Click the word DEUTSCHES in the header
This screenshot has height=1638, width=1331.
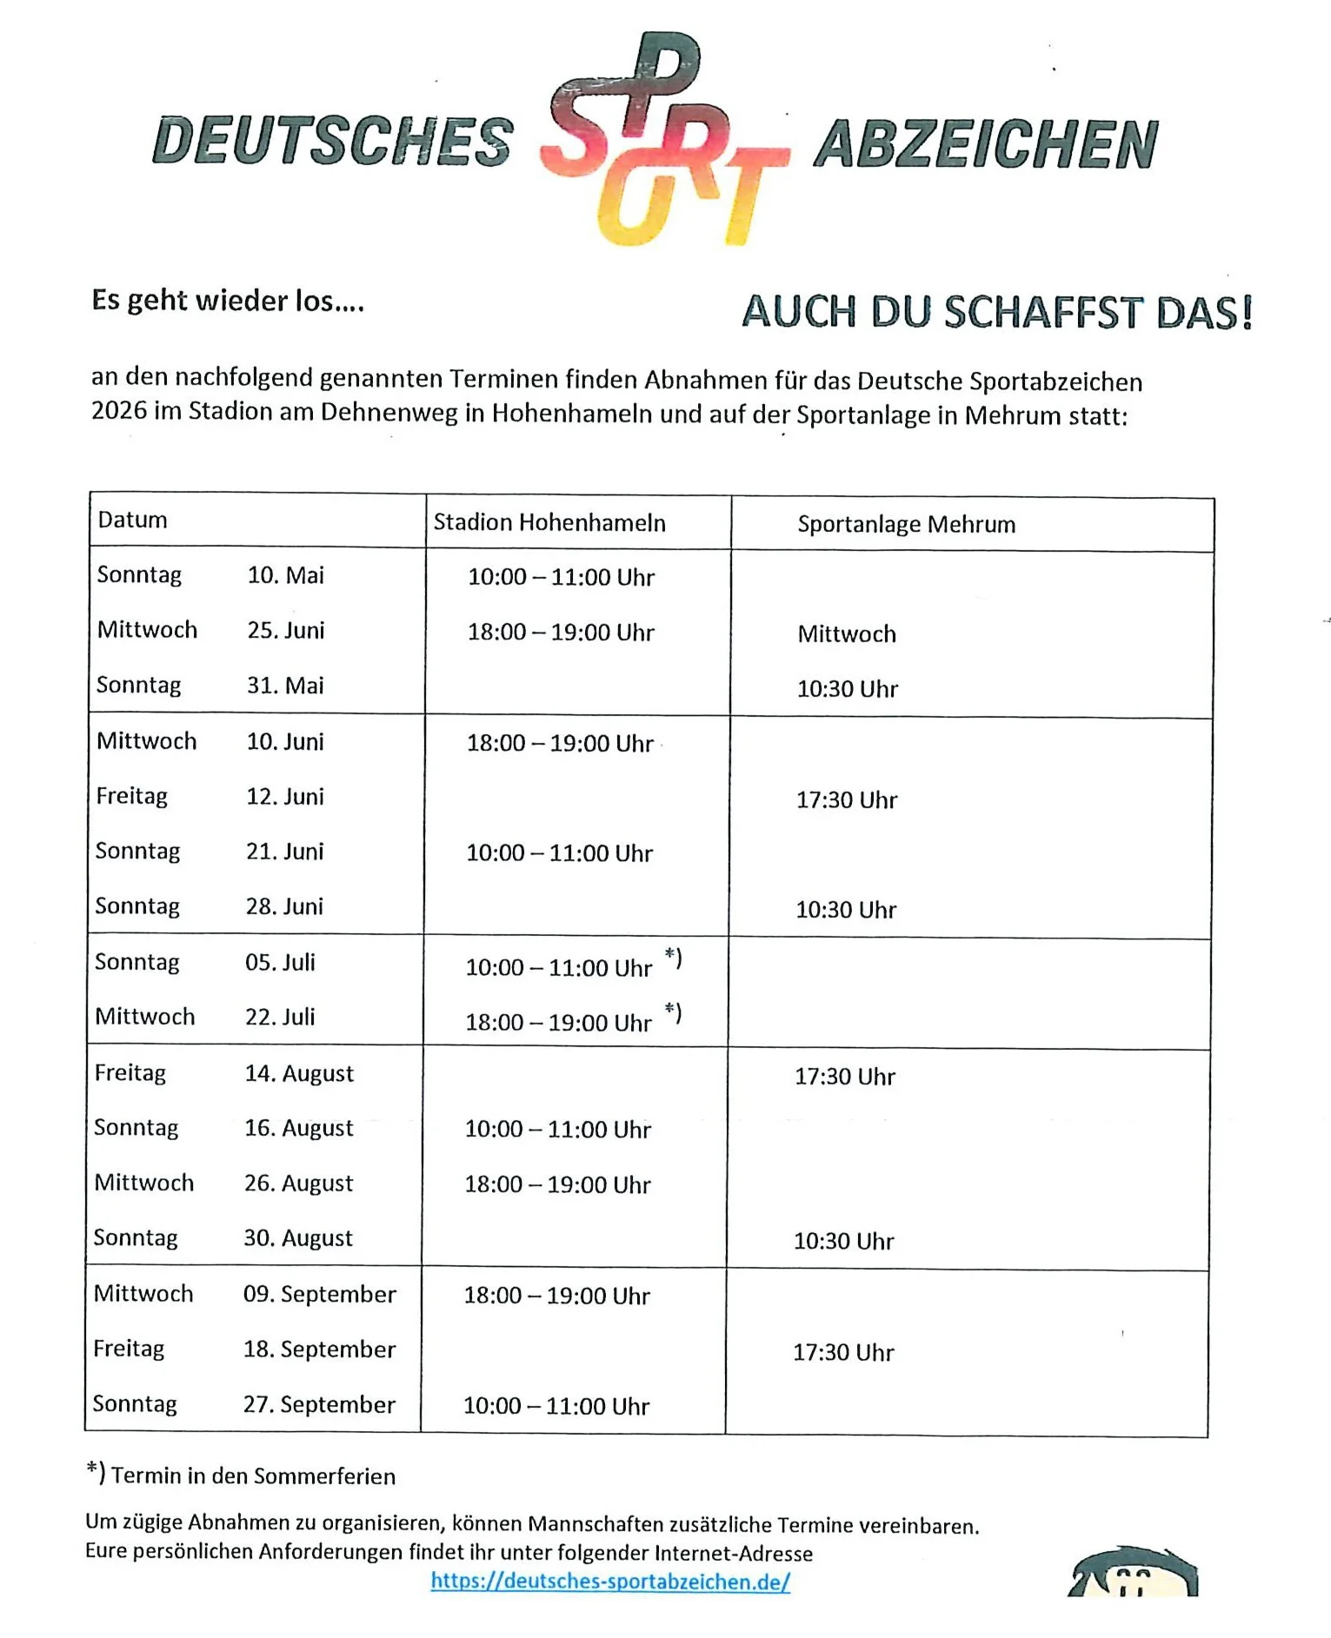tap(333, 141)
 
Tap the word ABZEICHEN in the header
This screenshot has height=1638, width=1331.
tap(986, 144)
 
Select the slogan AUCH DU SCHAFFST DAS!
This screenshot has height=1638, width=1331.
tap(996, 312)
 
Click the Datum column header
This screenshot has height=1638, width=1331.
tap(132, 520)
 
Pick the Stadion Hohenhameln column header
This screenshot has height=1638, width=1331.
tap(549, 522)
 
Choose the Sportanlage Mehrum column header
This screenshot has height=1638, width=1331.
tap(906, 524)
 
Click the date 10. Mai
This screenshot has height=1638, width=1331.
tap(285, 575)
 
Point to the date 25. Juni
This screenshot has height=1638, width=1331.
tap(285, 630)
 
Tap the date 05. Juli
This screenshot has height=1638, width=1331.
tap(280, 962)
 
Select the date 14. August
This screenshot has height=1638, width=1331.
tap(299, 1073)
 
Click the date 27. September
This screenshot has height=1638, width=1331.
tap(319, 1404)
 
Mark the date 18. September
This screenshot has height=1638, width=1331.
tap(319, 1349)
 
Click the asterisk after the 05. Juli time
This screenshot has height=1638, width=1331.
tap(673, 957)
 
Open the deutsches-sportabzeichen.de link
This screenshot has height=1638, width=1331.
tap(610, 1581)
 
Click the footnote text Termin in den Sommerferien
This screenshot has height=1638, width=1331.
tap(252, 1476)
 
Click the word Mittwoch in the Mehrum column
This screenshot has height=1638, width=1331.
tap(846, 633)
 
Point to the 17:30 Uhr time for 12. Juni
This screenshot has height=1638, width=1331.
tap(846, 799)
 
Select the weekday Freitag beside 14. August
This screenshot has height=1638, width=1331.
tap(130, 1073)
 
